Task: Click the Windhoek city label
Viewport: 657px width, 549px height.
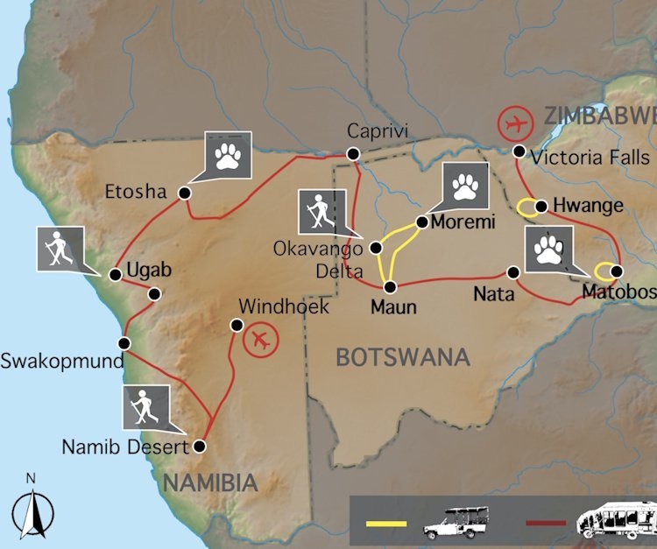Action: pyautogui.click(x=284, y=306)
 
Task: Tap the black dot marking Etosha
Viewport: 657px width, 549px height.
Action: pyautogui.click(x=185, y=193)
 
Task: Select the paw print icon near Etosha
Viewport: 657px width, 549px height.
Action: pyautogui.click(x=229, y=155)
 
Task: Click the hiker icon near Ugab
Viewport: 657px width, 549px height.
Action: pyautogui.click(x=60, y=249)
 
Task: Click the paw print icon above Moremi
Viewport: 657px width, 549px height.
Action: pyautogui.click(x=465, y=187)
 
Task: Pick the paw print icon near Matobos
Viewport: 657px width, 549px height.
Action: pyautogui.click(x=549, y=250)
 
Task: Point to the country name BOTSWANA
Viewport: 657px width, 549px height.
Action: pyautogui.click(x=403, y=357)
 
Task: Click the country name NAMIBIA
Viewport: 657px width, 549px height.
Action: pyautogui.click(x=210, y=482)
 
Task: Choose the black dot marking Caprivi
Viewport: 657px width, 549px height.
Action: pyautogui.click(x=353, y=153)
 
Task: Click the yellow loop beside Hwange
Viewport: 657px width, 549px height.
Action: pyautogui.click(x=526, y=208)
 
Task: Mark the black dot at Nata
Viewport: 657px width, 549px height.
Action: pyautogui.click(x=514, y=272)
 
